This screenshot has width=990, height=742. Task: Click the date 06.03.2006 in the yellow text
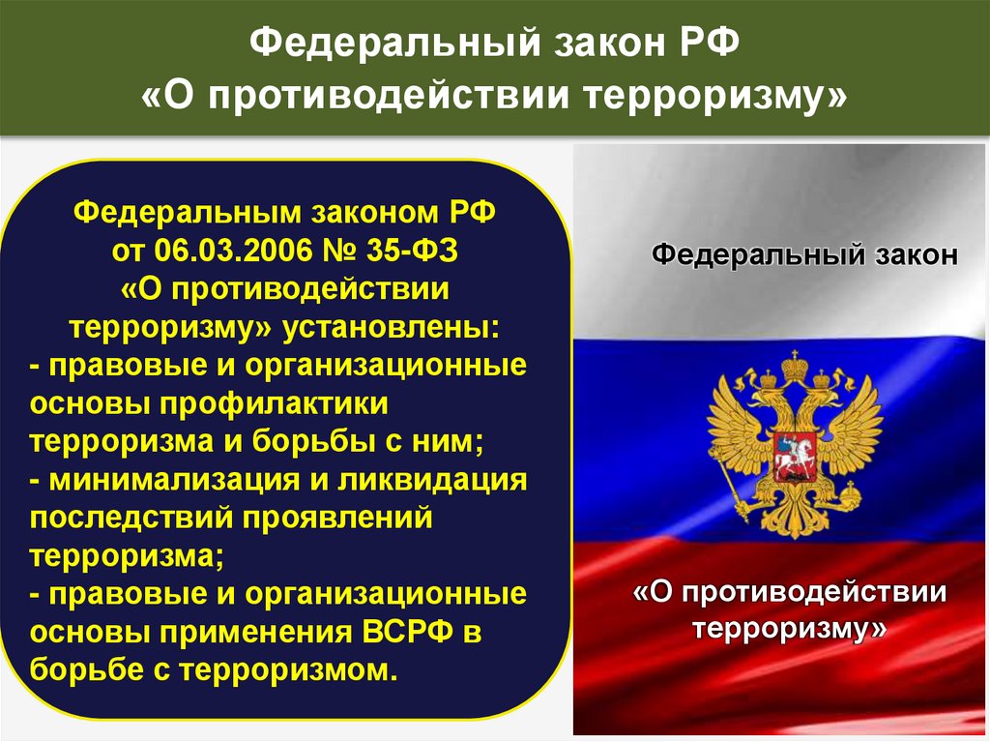click(x=233, y=251)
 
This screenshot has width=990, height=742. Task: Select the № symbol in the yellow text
click(x=339, y=251)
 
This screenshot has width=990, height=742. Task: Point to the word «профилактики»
click(x=274, y=404)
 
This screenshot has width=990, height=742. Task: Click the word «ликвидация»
click(x=432, y=481)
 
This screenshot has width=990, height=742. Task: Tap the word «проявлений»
click(x=337, y=519)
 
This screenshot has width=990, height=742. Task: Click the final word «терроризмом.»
click(x=289, y=670)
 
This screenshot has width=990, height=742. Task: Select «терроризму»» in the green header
click(x=714, y=97)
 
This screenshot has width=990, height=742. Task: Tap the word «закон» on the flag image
click(x=917, y=254)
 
